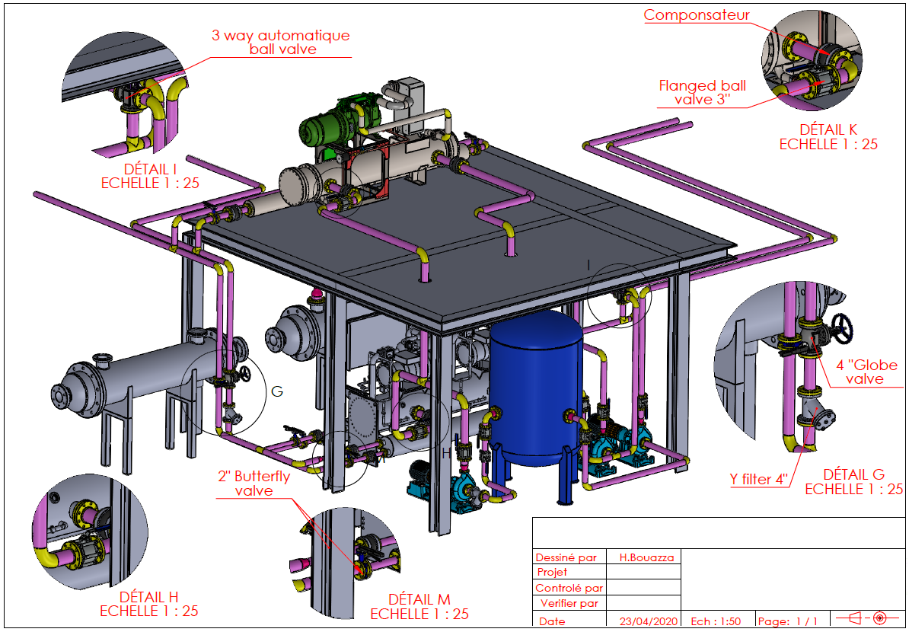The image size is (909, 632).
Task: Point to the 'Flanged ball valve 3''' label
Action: (703, 92)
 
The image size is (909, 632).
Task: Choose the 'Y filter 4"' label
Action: (757, 480)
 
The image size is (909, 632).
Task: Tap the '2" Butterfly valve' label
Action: (254, 484)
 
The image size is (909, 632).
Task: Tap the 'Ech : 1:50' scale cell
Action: (716, 621)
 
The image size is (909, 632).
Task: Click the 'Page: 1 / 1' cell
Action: (788, 621)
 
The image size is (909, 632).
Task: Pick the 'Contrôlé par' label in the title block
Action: (569, 588)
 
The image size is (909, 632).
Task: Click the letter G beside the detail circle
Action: (277, 391)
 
